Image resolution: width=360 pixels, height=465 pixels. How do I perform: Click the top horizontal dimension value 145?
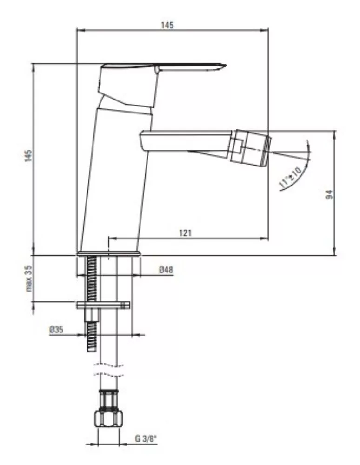pos(167,25)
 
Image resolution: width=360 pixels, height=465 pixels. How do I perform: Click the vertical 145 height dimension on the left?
pos(28,156)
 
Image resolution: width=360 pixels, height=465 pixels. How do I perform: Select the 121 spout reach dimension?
pos(185,233)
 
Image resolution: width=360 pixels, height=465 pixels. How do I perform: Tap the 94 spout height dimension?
pos(329,194)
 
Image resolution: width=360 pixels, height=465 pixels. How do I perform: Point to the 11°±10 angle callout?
pos(290,178)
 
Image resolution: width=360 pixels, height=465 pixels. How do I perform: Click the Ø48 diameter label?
pos(166,270)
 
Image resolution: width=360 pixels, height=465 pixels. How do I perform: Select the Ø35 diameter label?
pos(56,330)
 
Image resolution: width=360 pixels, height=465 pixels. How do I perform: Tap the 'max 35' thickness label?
pos(28,279)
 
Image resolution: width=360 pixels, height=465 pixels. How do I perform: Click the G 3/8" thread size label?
pos(146,438)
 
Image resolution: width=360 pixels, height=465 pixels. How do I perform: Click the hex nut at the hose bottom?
pos(108,418)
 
